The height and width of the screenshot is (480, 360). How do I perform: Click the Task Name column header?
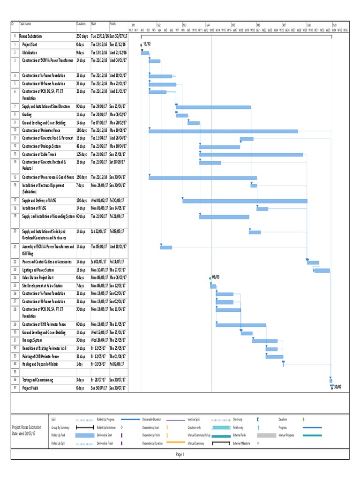(25, 24)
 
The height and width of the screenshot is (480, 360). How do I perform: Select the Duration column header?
(81, 24)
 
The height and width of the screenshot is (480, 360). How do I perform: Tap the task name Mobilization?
(30, 52)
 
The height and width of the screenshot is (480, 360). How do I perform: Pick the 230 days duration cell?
(82, 36)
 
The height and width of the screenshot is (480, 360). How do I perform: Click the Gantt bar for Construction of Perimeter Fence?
(223, 131)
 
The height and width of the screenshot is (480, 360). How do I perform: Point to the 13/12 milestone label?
(147, 44)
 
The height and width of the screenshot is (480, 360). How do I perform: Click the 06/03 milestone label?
(216, 277)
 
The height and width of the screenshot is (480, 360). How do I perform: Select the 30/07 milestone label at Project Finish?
(337, 387)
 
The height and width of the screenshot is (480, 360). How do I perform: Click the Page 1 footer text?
(180, 454)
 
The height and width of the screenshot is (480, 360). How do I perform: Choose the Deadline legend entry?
(283, 420)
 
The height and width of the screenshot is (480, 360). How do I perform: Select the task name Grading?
(27, 114)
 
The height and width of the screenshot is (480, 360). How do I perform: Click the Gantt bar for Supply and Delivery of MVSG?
(245, 201)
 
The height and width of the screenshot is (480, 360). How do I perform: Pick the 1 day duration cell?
(80, 364)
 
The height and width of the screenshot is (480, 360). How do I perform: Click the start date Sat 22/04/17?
(99, 231)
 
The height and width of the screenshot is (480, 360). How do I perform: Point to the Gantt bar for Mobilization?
(145, 53)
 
